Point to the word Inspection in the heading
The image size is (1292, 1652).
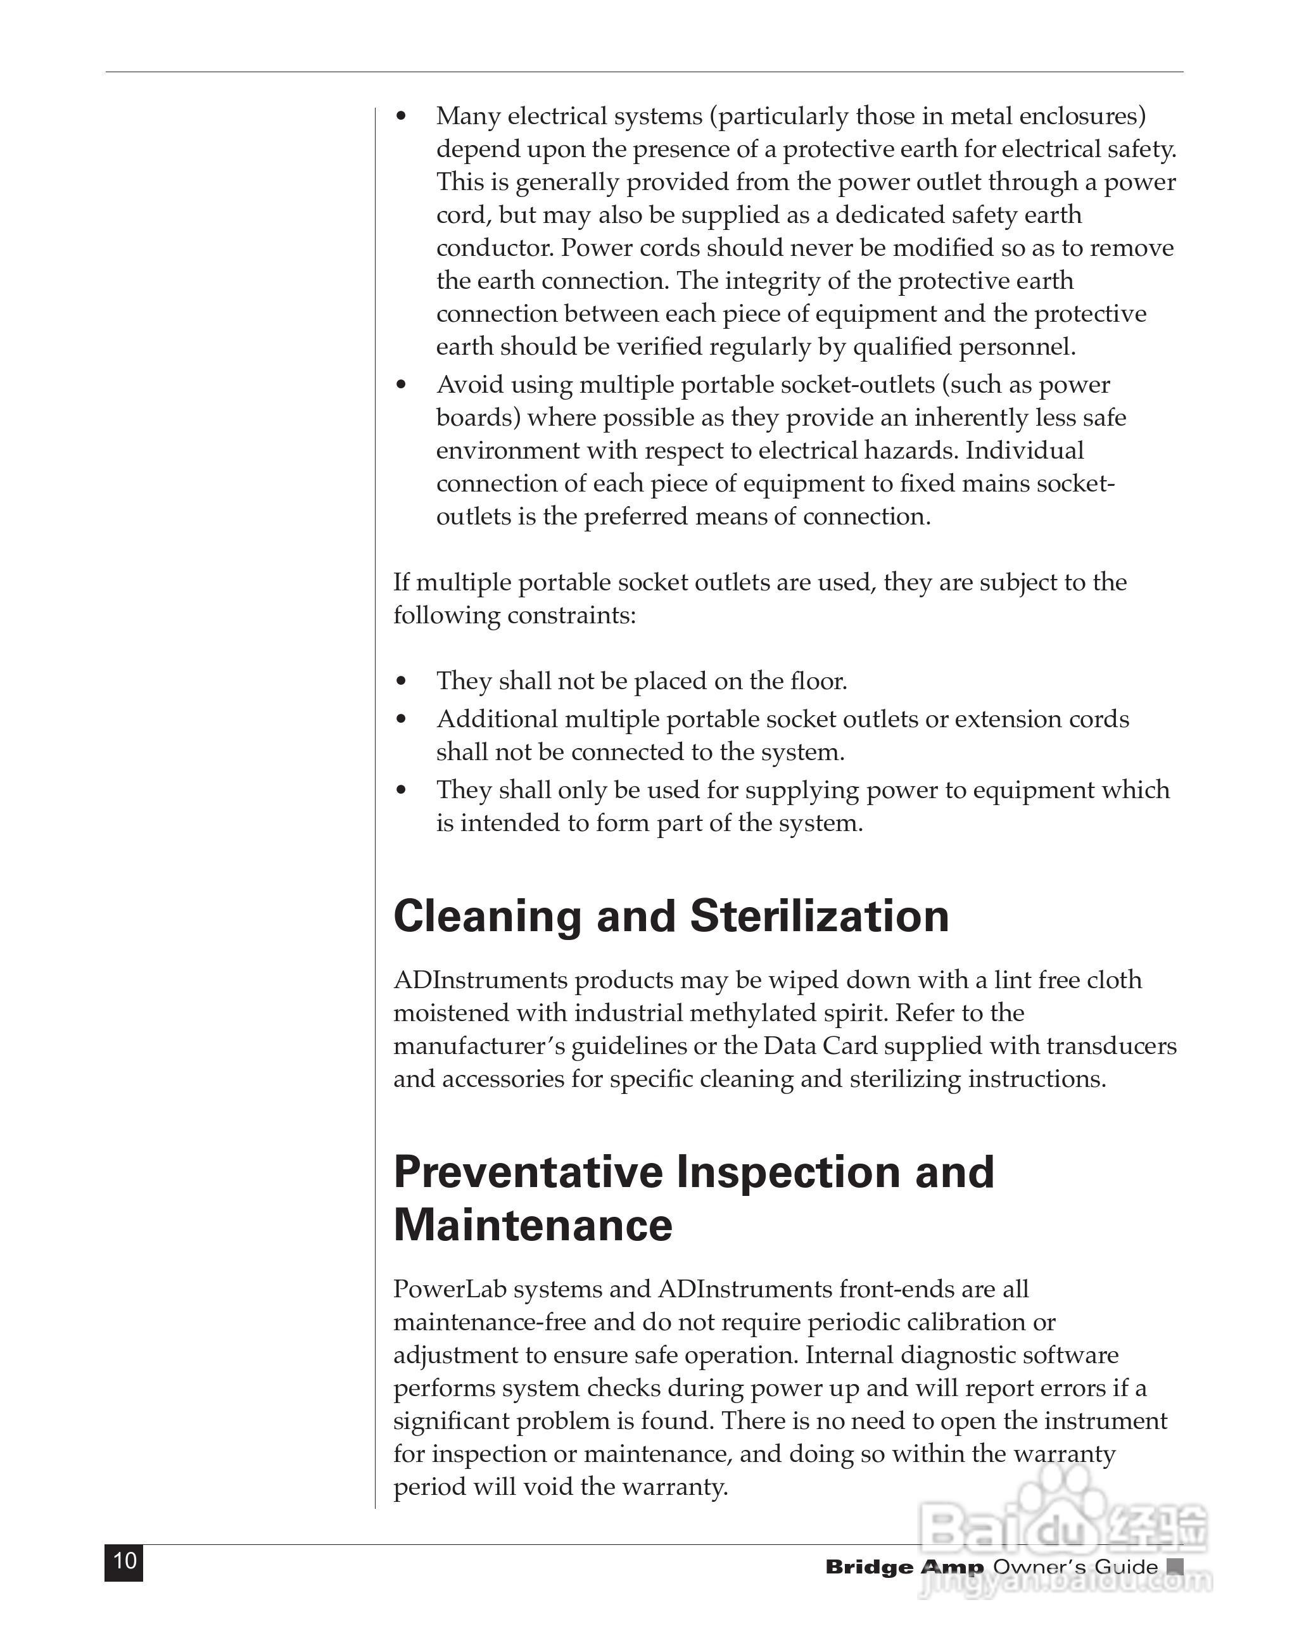pyautogui.click(x=787, y=1172)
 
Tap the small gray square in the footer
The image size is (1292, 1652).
pyautogui.click(x=1175, y=1566)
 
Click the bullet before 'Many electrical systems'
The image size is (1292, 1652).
pyautogui.click(x=402, y=117)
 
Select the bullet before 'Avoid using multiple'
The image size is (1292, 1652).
pyautogui.click(x=402, y=385)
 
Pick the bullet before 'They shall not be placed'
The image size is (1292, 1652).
pyautogui.click(x=402, y=682)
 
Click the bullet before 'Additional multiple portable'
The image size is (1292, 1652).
pyautogui.click(x=402, y=720)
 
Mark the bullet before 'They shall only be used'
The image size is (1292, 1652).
pyautogui.click(x=402, y=791)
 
